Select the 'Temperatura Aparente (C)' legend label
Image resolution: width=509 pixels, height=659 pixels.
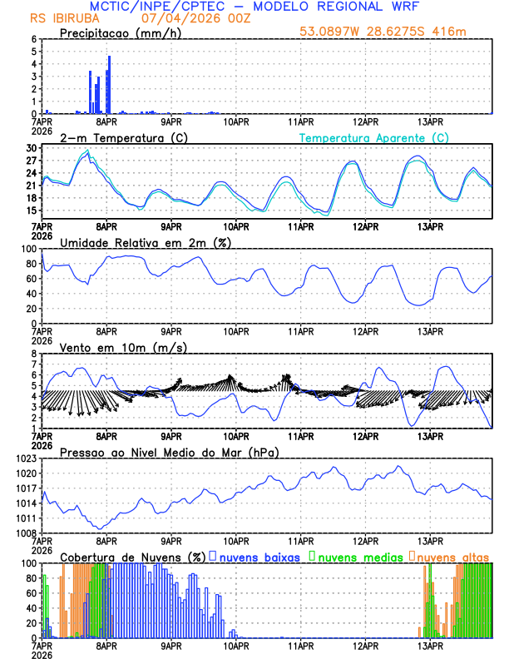pyautogui.click(x=373, y=137)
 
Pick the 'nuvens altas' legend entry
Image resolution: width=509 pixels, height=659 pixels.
pyautogui.click(x=449, y=556)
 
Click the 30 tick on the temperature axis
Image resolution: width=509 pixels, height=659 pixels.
pyautogui.click(x=31, y=148)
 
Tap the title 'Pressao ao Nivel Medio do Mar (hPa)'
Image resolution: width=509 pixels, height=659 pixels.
pyautogui.click(x=170, y=452)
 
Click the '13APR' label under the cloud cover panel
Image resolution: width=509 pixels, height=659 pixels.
pyautogui.click(x=430, y=646)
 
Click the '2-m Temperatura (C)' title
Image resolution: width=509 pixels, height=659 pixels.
pyautogui.click(x=122, y=137)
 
